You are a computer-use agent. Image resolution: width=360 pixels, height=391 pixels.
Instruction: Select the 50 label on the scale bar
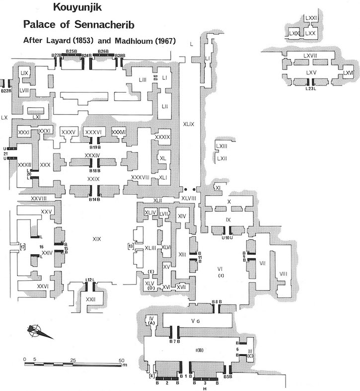(121, 359)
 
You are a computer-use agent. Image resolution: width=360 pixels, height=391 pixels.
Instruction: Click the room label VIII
(284, 273)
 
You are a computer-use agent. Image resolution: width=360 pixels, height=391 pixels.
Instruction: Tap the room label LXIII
(221, 146)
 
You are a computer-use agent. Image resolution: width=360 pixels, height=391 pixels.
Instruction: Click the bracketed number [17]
(22, 247)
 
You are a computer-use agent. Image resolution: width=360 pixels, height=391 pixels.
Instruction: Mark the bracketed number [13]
(131, 247)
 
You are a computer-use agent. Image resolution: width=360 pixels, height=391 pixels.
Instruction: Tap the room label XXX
(45, 164)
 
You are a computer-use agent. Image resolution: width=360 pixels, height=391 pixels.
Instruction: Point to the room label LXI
(36, 116)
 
